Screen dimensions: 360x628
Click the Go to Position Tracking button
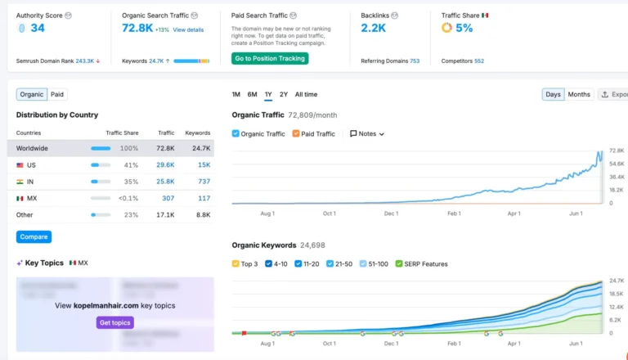tap(269, 58)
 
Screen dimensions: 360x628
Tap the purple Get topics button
tap(114, 322)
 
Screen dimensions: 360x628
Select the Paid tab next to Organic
tap(58, 94)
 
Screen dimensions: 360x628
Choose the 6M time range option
tap(252, 95)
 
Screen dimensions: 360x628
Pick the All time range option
tap(306, 95)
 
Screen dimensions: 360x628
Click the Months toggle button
tap(579, 94)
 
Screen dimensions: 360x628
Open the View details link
tap(188, 29)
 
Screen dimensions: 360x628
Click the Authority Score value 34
tap(38, 28)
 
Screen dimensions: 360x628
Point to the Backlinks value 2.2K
tap(373, 28)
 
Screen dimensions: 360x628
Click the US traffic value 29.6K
tap(164, 165)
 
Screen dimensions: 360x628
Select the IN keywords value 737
tap(204, 182)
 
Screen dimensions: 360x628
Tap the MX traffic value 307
tap(168, 198)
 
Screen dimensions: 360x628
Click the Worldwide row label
tap(32, 148)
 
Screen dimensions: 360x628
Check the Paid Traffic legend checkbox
tap(296, 133)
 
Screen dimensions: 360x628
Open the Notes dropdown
tap(366, 133)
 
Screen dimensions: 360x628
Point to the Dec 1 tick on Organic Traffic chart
tap(391, 214)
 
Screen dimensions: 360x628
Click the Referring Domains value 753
tap(415, 61)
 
